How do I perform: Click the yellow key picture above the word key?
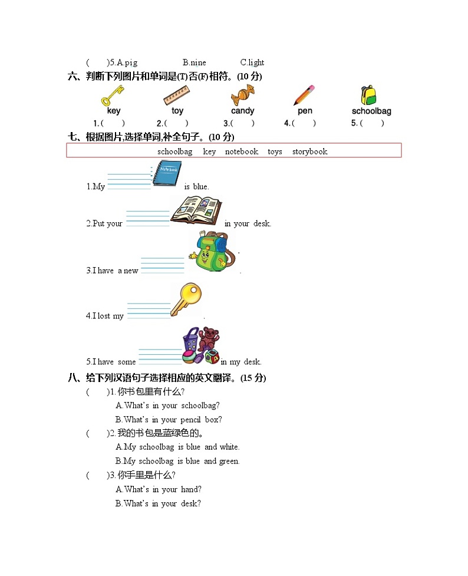point(112,95)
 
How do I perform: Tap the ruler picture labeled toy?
point(176,95)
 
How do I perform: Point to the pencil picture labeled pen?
point(304,95)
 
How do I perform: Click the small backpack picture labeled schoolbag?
point(369,95)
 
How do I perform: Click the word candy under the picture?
point(242,111)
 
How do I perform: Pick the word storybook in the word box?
point(309,152)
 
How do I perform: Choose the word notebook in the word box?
point(241,152)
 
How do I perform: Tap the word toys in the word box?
point(275,152)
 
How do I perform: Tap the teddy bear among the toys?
point(209,339)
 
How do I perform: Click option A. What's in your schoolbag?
point(168,406)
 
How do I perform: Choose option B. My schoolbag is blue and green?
point(177,461)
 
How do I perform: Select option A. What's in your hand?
point(159,489)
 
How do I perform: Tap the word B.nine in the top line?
point(195,62)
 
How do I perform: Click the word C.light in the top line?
point(252,62)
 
